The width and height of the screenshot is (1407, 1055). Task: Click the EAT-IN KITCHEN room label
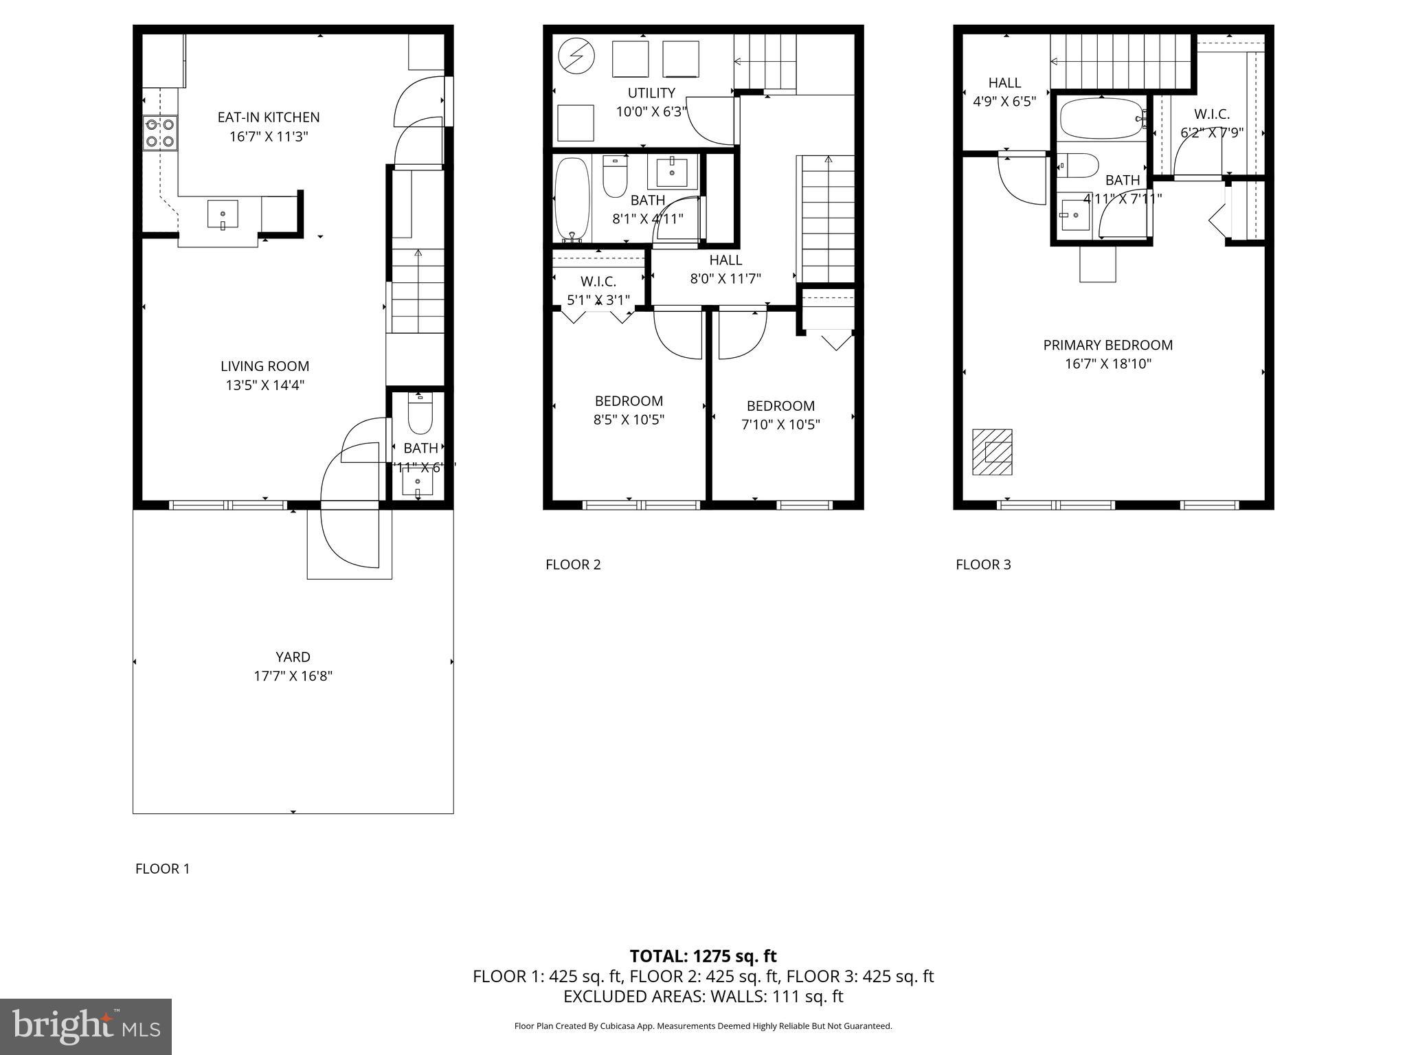[x=269, y=117]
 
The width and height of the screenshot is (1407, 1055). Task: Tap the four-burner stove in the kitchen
[x=159, y=133]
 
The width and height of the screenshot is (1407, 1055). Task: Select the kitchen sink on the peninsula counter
[x=223, y=214]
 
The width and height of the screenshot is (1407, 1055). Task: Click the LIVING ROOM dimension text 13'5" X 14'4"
[x=265, y=385]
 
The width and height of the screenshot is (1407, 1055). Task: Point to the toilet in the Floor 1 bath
[x=419, y=414]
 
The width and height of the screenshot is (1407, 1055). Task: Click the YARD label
[x=293, y=657]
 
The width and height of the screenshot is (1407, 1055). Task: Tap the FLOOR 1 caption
[x=162, y=868]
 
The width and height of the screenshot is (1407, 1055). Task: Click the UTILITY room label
[x=651, y=93]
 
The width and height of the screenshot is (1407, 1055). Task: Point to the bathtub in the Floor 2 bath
[x=572, y=198]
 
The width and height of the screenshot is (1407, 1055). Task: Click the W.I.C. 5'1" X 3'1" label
[x=598, y=291]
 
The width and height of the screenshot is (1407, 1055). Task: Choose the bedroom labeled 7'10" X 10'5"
[x=780, y=415]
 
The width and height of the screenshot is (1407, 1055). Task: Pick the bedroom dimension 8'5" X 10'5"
[x=629, y=420]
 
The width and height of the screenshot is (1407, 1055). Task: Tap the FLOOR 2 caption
[x=573, y=565]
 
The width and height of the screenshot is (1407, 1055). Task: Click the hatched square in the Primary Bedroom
[x=992, y=452]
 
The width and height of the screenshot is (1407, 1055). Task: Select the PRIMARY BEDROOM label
[x=1107, y=345]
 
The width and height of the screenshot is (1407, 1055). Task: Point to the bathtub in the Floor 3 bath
[x=1100, y=120]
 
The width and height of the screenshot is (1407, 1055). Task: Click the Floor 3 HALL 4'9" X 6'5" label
[x=1004, y=92]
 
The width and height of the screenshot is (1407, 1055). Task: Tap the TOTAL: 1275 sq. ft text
[x=703, y=956]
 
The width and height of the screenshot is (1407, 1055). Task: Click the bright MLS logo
[x=85, y=1026]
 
